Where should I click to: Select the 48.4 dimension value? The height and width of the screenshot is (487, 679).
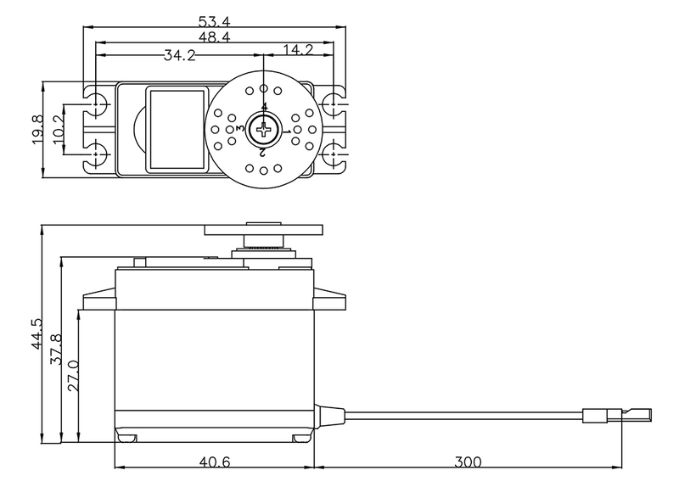[x=215, y=37]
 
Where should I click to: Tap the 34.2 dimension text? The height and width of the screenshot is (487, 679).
[x=180, y=55]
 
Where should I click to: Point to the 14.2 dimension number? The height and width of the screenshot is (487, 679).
[x=298, y=50]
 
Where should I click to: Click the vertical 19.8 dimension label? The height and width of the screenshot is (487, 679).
[x=37, y=130]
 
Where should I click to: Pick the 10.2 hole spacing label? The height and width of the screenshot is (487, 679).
[x=58, y=130]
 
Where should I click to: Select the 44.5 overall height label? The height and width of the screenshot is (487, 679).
[x=36, y=333]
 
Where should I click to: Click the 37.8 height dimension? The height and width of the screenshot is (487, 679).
[x=56, y=349]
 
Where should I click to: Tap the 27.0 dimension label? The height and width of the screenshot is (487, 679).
[x=73, y=376]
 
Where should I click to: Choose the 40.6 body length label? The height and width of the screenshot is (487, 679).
[x=215, y=462]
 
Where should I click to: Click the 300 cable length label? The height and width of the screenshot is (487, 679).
[x=468, y=462]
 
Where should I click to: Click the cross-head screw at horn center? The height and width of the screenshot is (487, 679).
[x=263, y=129]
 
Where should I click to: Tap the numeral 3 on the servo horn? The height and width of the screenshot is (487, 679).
[x=240, y=129]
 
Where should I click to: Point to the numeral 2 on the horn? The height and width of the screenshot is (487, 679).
[x=262, y=153]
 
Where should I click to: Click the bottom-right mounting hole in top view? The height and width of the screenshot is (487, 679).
[x=334, y=154]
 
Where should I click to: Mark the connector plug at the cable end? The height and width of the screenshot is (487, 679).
[x=617, y=416]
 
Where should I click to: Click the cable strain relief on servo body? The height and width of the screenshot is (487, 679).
[x=329, y=416]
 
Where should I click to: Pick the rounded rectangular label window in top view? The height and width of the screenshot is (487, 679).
[x=177, y=129]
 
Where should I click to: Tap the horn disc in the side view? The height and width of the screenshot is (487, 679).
[x=263, y=229]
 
